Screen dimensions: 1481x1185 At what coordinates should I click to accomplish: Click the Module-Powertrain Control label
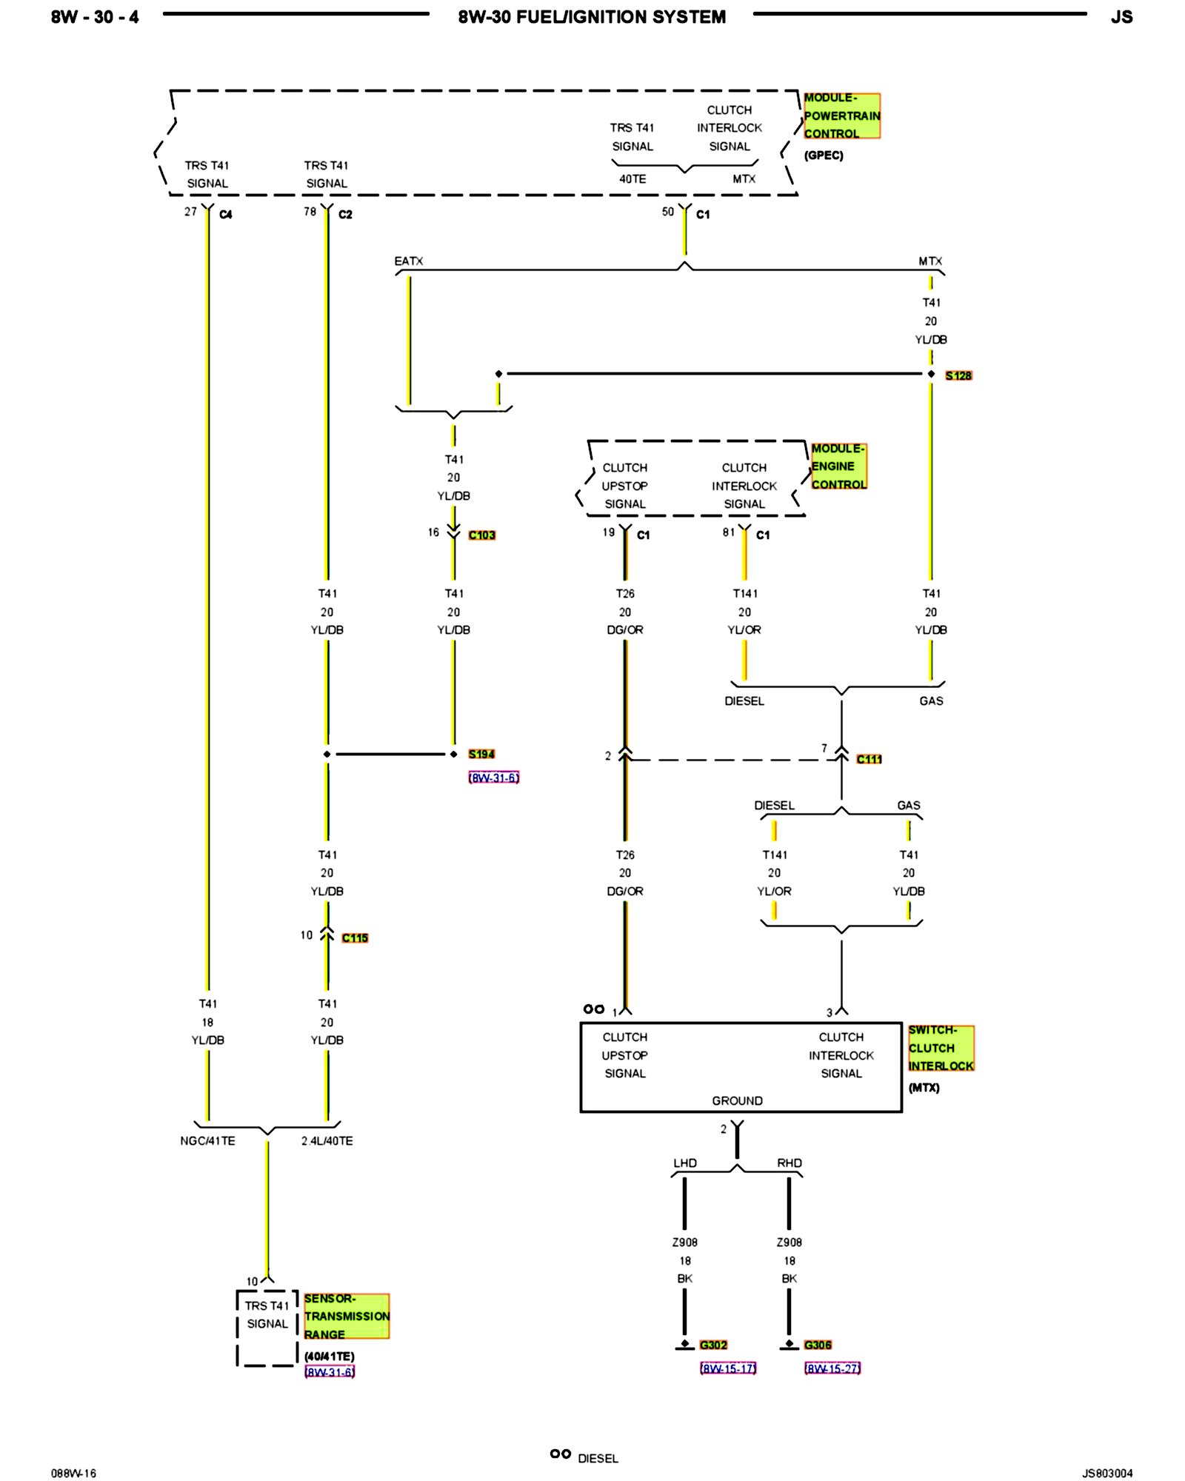point(841,116)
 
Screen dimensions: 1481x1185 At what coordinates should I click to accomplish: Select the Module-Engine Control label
point(838,467)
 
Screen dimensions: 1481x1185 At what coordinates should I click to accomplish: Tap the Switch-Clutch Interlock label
point(941,1048)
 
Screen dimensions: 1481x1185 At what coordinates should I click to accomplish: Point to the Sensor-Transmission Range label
point(346,1316)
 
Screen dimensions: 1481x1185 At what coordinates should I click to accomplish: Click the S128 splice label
point(958,375)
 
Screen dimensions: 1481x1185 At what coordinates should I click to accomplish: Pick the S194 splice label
point(481,754)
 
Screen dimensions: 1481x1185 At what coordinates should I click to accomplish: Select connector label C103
point(481,535)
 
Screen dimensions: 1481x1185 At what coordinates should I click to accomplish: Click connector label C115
point(355,937)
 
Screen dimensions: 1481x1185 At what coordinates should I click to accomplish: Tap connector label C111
point(869,759)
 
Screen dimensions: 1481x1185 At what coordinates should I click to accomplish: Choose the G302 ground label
point(713,1345)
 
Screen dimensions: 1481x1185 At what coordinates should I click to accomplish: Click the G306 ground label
point(818,1345)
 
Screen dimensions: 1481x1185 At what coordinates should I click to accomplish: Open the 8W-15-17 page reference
point(728,1368)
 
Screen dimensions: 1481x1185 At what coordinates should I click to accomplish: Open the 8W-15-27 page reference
point(832,1368)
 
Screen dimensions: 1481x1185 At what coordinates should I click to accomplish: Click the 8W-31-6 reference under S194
point(493,778)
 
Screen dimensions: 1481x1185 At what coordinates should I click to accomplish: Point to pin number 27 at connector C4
point(190,212)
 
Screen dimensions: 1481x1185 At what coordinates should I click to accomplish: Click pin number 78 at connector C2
point(310,212)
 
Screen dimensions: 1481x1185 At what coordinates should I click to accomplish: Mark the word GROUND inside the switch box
point(737,1101)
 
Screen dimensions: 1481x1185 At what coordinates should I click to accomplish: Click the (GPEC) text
point(824,156)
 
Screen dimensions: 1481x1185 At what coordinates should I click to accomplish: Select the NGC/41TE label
point(207,1141)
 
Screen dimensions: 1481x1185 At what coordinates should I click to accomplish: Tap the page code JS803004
point(1107,1473)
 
